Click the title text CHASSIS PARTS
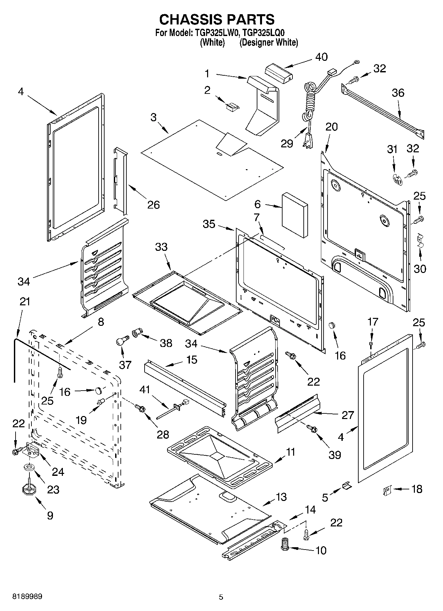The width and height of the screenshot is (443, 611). click(217, 19)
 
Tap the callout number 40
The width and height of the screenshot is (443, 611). click(321, 57)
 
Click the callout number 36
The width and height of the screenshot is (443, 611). click(398, 93)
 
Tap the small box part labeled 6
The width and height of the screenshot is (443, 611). click(294, 215)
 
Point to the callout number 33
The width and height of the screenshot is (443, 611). click(161, 247)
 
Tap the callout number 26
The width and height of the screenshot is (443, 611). click(154, 205)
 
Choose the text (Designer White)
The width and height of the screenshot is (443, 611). click(269, 43)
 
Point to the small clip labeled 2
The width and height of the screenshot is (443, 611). click(232, 106)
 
